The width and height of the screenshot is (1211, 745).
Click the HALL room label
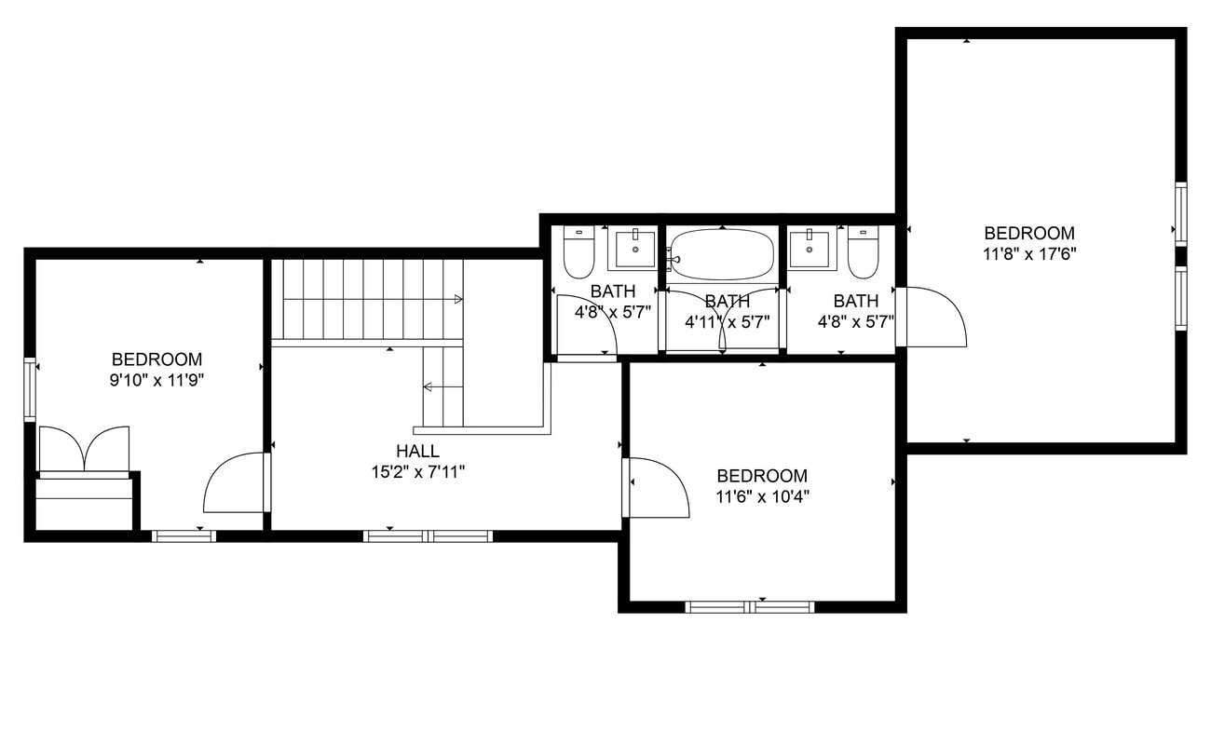(417, 451)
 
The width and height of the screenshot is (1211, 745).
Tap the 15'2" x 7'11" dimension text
(418, 472)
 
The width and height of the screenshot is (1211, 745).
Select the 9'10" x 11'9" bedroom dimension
(156, 381)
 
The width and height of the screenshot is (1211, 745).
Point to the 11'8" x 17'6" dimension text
(1029, 254)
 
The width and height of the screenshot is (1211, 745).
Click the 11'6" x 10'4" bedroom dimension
(762, 496)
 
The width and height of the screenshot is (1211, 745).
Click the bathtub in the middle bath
(722, 254)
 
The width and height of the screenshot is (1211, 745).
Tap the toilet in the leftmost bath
(579, 251)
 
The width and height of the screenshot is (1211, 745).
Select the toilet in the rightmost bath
(863, 251)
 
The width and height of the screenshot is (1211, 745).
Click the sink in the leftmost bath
(635, 250)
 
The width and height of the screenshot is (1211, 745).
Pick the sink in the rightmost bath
(809, 250)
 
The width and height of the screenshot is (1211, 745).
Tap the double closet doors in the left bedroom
(85, 449)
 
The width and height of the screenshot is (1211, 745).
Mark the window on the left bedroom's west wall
(30, 389)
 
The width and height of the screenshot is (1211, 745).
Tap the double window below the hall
(428, 536)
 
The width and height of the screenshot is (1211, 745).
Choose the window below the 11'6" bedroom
(749, 607)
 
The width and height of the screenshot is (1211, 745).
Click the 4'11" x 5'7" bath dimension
(728, 323)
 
